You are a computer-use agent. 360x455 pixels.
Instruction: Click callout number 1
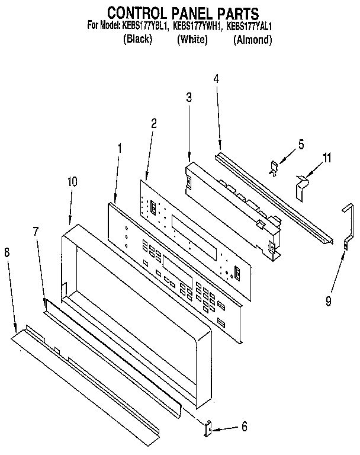(x=121, y=149)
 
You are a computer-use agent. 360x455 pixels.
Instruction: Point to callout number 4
(x=217, y=78)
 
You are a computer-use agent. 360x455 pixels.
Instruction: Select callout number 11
(x=326, y=158)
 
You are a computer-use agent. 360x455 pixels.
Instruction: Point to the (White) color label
(x=192, y=40)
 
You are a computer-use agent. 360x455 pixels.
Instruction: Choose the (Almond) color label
(x=253, y=40)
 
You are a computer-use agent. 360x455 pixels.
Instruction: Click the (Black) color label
(x=137, y=40)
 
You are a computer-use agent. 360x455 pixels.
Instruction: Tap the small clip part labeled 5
(x=275, y=168)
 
